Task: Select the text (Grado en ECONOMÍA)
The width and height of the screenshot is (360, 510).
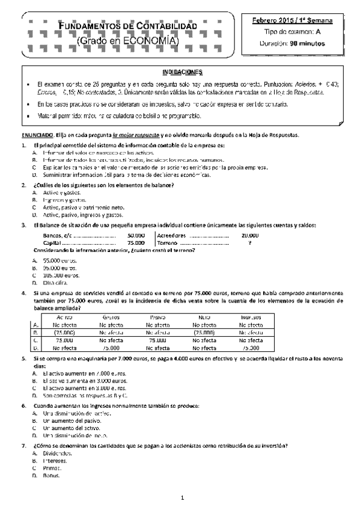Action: pyautogui.click(x=129, y=40)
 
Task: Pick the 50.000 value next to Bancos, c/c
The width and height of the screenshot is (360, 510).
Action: pyautogui.click(x=136, y=235)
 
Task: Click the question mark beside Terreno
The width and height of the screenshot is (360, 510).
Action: pyautogui.click(x=249, y=242)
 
